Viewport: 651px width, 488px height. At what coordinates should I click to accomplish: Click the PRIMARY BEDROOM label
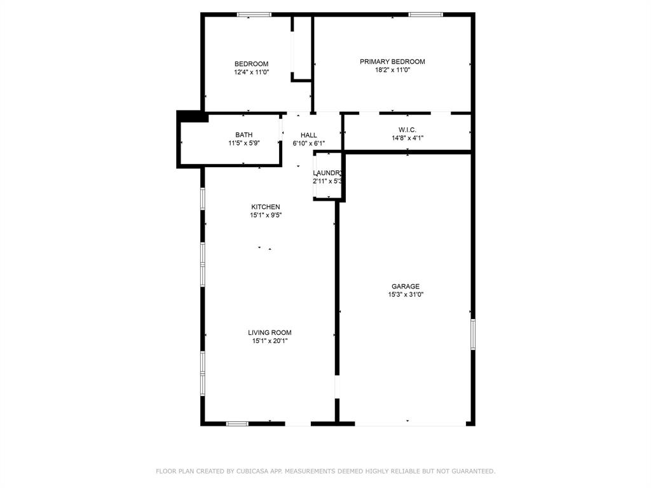click(392, 62)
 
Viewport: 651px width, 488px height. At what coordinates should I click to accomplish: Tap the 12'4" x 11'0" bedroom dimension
click(251, 72)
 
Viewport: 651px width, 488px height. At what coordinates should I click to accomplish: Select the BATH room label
click(243, 135)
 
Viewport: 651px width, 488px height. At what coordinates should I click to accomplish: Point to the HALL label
click(309, 135)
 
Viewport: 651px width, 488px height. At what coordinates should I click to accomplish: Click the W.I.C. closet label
click(407, 130)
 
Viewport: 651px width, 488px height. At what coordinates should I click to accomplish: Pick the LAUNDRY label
click(328, 173)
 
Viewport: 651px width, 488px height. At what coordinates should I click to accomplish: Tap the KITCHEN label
click(265, 207)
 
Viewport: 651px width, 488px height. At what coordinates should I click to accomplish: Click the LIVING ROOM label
click(270, 332)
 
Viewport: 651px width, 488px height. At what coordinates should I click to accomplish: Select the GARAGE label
click(405, 287)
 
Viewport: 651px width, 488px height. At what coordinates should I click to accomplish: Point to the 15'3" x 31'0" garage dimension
click(405, 295)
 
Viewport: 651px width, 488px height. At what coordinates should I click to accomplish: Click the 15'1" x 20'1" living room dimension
click(270, 341)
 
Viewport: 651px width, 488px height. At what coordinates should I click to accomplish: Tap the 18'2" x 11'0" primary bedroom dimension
click(392, 70)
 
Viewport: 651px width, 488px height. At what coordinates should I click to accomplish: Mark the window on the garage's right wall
click(472, 334)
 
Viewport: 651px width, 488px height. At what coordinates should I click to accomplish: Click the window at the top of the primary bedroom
click(425, 15)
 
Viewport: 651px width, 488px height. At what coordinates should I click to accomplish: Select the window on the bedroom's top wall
click(254, 15)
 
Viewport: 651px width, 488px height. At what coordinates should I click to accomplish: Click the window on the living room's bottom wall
click(237, 423)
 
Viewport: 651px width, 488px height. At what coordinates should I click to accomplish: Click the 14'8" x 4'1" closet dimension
click(407, 138)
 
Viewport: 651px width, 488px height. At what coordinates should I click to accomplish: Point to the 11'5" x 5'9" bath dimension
click(243, 143)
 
